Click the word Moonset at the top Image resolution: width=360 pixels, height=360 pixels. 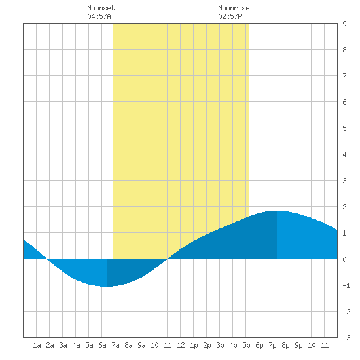(101, 8)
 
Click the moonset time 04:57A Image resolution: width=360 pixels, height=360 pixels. (99, 16)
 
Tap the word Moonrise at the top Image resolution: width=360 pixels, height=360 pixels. (234, 8)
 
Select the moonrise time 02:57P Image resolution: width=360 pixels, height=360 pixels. (230, 16)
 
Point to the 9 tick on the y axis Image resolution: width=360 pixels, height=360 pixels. (344, 24)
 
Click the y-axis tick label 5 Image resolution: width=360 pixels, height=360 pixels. (344, 128)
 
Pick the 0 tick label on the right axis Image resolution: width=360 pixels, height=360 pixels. (344, 259)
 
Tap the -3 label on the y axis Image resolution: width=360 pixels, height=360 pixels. (346, 338)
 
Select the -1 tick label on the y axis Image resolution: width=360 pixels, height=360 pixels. (346, 285)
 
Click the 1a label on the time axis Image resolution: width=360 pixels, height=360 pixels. (37, 345)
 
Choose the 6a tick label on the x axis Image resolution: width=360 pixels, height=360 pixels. (102, 345)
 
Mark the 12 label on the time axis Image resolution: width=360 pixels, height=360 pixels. (181, 345)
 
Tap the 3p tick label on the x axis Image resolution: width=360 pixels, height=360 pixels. (220, 345)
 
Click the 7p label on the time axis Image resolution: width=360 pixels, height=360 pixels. (272, 345)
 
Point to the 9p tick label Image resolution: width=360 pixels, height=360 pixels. (298, 345)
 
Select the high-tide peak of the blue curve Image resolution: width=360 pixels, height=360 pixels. (276, 211)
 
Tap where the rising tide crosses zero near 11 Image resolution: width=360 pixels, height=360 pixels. (168, 259)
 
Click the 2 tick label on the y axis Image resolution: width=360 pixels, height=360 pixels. (344, 207)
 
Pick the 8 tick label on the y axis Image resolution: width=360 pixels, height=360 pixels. (344, 50)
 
